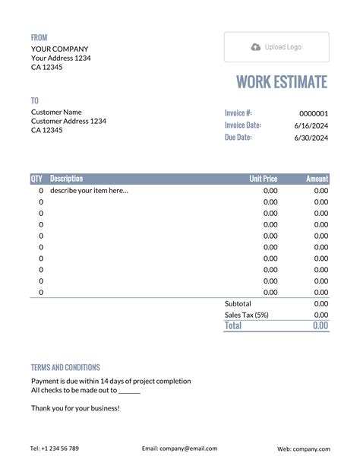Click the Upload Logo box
coord(276,47)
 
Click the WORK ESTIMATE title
coord(282,82)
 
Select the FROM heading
coord(39,37)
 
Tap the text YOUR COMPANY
coord(59,49)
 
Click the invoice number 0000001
coord(314,113)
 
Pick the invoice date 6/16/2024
coord(311,125)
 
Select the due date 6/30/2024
coord(311,138)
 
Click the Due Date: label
coord(238,138)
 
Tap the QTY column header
coord(36,179)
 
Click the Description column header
coord(66,179)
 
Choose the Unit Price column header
coord(264,179)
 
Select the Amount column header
coord(317,179)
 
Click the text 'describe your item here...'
coord(89,191)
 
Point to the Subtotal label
coord(238,303)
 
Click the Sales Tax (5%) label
coord(246,315)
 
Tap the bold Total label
coord(233,325)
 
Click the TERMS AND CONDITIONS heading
coord(65,367)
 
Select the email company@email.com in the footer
coord(179,449)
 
